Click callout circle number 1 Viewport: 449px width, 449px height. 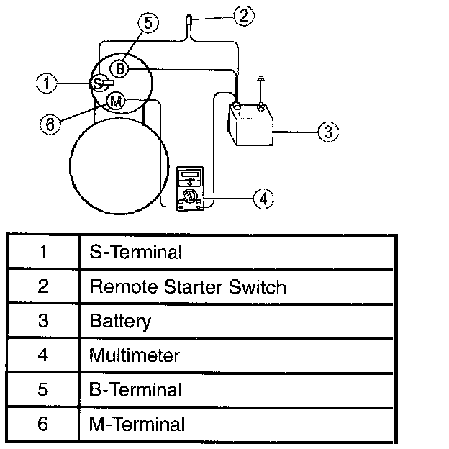click(47, 83)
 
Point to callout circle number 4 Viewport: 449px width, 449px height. click(264, 198)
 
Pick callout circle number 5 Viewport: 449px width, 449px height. click(147, 23)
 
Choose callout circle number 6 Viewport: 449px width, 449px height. click(49, 124)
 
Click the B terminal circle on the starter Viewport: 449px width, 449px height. click(121, 69)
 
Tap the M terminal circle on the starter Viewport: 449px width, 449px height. click(115, 102)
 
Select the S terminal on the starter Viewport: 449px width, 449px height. click(99, 84)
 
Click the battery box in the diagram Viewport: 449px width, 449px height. click(250, 126)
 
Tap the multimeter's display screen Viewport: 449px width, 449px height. click(190, 175)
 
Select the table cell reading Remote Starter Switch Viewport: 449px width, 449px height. click(187, 287)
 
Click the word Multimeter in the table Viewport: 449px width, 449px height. click(135, 355)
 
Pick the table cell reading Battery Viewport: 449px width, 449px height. click(120, 321)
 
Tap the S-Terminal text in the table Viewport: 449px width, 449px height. click(135, 253)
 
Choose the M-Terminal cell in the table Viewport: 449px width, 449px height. click(137, 425)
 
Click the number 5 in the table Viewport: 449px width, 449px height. click(43, 390)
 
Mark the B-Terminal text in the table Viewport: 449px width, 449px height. click(135, 390)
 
